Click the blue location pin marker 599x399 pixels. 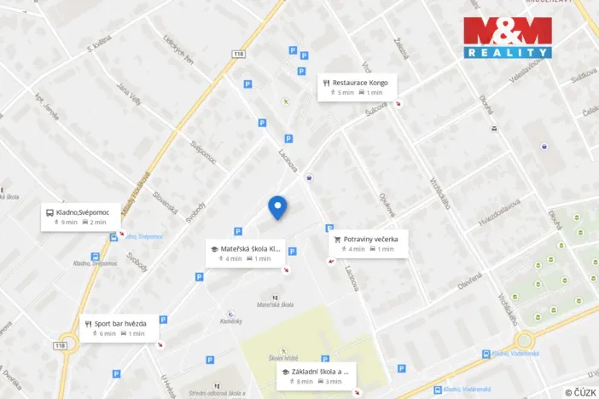click(277, 207)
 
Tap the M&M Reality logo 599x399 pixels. click(508, 38)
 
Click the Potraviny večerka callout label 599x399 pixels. click(369, 244)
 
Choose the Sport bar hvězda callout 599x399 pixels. click(119, 328)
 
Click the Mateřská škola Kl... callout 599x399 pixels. click(245, 253)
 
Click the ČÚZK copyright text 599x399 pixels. click(579, 392)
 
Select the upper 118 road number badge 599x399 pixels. click(238, 53)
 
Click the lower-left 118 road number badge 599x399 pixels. click(60, 345)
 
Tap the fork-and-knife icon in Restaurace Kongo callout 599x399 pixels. click(326, 83)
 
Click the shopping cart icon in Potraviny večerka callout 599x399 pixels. click(338, 240)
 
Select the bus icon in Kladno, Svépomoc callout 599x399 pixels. click(49, 211)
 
